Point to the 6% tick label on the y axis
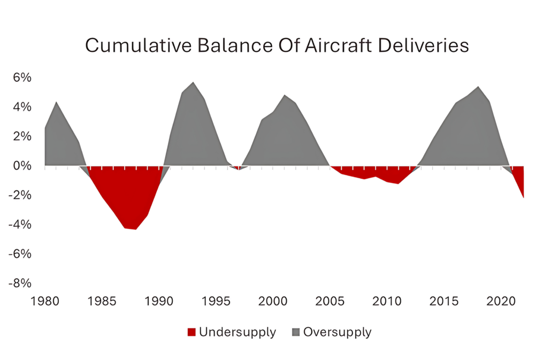[23, 78]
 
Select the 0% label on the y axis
[23, 166]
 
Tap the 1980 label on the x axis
[44, 301]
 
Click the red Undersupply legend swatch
[192, 333]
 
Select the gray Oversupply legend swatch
[296, 333]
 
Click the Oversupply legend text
[337, 332]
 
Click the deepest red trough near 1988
[136, 228]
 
